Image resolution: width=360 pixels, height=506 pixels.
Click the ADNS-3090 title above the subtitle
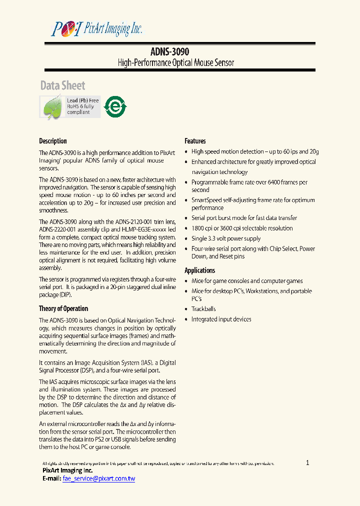click(x=169, y=51)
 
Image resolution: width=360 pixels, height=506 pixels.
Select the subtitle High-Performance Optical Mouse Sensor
click(x=175, y=62)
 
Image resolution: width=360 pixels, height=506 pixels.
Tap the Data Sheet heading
click(x=62, y=85)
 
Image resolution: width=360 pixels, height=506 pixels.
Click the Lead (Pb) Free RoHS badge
click(x=70, y=106)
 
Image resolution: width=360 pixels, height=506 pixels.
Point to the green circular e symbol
click(x=115, y=106)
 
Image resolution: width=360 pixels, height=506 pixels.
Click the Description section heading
click(x=53, y=141)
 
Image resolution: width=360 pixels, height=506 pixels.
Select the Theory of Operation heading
click(x=63, y=308)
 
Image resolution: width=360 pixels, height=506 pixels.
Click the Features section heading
click(x=195, y=141)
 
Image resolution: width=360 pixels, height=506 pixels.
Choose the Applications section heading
click(x=200, y=270)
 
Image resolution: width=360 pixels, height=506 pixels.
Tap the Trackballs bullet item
click(x=203, y=309)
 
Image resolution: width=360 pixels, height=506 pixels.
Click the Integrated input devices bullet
click(x=221, y=319)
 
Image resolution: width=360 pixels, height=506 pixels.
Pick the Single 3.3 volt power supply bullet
click(x=226, y=238)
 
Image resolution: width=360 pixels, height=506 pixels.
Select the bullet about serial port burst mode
click(x=244, y=218)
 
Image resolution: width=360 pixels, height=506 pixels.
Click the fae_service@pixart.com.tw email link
click(x=99, y=478)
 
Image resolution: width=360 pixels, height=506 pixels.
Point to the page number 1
click(x=307, y=462)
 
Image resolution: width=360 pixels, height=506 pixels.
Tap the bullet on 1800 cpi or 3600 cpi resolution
click(x=242, y=228)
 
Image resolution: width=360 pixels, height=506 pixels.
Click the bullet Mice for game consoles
click(x=247, y=281)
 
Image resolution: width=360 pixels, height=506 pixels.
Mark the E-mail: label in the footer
click(x=50, y=478)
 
